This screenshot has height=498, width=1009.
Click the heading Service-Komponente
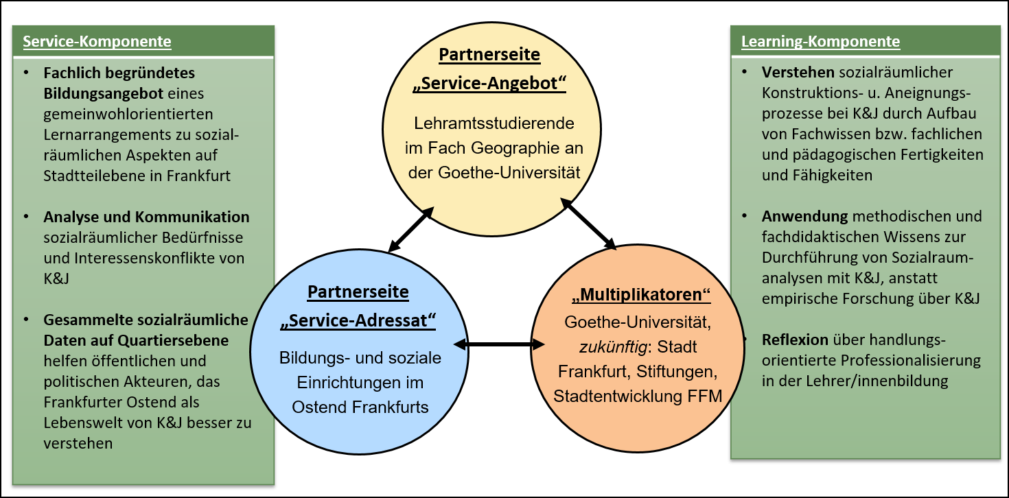click(x=97, y=42)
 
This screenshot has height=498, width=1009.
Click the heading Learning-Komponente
click(x=820, y=42)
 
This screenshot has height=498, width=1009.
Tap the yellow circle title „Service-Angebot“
click(x=489, y=84)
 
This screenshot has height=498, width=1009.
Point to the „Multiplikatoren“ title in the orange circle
click(x=640, y=296)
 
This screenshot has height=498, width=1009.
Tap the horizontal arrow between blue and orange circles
click(x=494, y=343)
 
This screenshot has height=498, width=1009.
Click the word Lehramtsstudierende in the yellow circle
click(x=494, y=124)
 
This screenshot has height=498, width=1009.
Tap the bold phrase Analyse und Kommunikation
click(x=146, y=217)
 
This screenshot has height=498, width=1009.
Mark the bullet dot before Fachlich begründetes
click(x=26, y=73)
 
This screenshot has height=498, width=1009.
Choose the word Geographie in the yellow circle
click(x=513, y=148)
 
